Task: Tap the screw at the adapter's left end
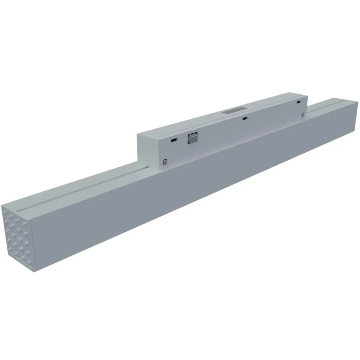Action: pos(166,162)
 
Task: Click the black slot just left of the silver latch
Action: pos(173,140)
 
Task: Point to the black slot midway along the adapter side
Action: pos(244,119)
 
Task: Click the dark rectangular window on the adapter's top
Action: pos(233,110)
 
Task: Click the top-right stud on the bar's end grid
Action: pos(27,222)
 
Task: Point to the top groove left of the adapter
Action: pos(81,189)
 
